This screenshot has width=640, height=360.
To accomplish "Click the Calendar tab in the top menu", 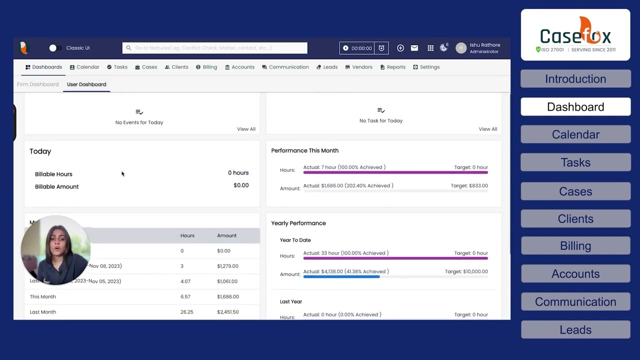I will click(84, 67).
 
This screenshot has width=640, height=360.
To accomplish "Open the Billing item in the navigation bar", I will click(206, 67).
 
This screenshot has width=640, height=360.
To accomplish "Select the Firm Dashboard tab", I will click(38, 84).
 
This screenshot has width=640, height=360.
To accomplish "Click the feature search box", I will click(215, 48).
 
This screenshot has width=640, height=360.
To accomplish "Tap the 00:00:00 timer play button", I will click(345, 48).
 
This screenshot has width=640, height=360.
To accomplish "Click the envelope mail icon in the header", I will click(414, 48).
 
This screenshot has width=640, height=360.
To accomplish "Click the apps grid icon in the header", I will click(430, 48).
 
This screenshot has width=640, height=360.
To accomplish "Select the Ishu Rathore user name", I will click(484, 45).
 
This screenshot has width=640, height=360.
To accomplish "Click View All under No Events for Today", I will click(246, 129).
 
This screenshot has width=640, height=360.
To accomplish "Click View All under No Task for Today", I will click(487, 129).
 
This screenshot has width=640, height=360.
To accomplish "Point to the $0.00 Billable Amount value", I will click(241, 185).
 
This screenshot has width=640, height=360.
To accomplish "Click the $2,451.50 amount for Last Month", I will click(227, 312).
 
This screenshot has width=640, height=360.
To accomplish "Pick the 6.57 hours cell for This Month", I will click(186, 296).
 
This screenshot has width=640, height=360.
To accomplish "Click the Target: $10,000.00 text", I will click(466, 271).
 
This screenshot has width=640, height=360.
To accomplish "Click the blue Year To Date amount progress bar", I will click(341, 276).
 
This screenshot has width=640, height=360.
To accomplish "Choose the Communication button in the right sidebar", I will click(575, 302).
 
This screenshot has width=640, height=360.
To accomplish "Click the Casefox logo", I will click(575, 35).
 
